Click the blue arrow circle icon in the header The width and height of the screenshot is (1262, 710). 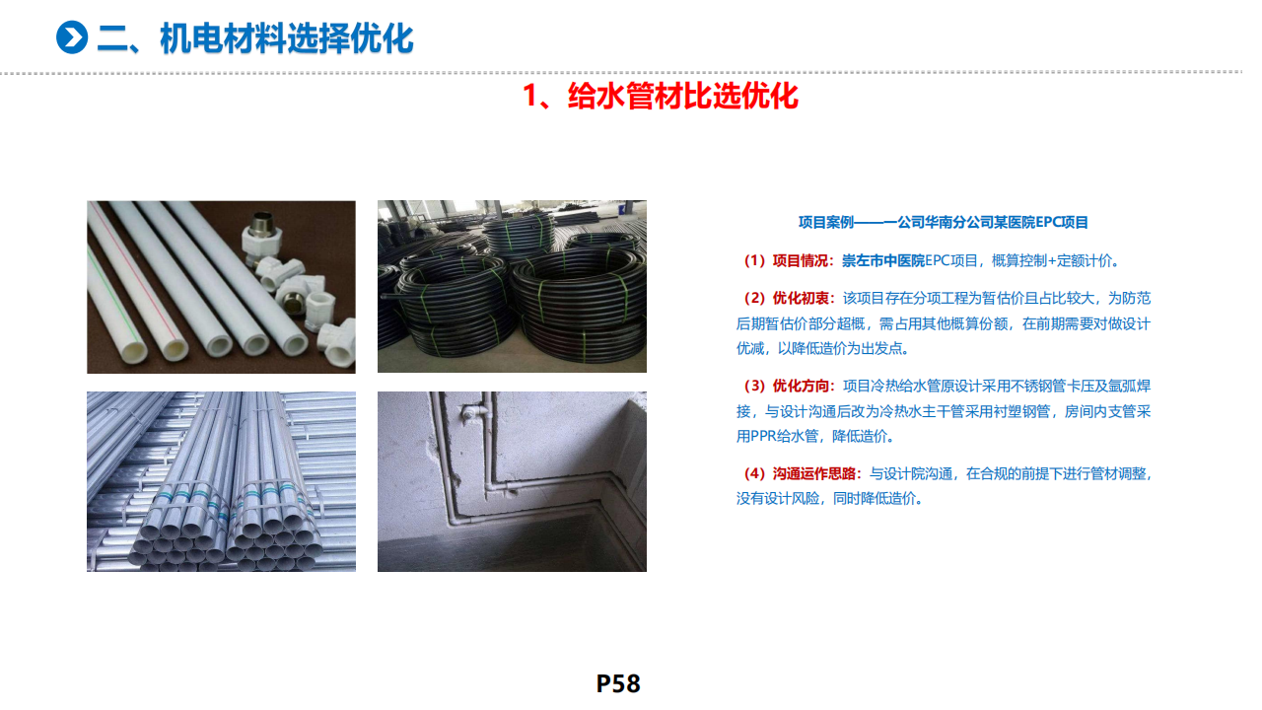tap(72, 37)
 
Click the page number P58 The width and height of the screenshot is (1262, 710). tap(618, 683)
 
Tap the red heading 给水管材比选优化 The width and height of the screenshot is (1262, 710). tap(683, 96)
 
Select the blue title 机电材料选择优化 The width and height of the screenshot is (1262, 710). tap(287, 38)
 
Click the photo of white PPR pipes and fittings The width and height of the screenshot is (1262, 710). tap(221, 287)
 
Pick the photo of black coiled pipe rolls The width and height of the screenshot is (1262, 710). tap(512, 286)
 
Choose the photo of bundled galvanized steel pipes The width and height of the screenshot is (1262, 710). tap(221, 482)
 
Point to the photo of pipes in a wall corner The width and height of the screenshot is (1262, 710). tap(512, 482)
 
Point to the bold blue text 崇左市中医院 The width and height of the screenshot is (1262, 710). tap(883, 261)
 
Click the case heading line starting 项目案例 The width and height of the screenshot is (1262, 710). tap(944, 223)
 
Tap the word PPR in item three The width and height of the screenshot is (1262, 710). tap(763, 436)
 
